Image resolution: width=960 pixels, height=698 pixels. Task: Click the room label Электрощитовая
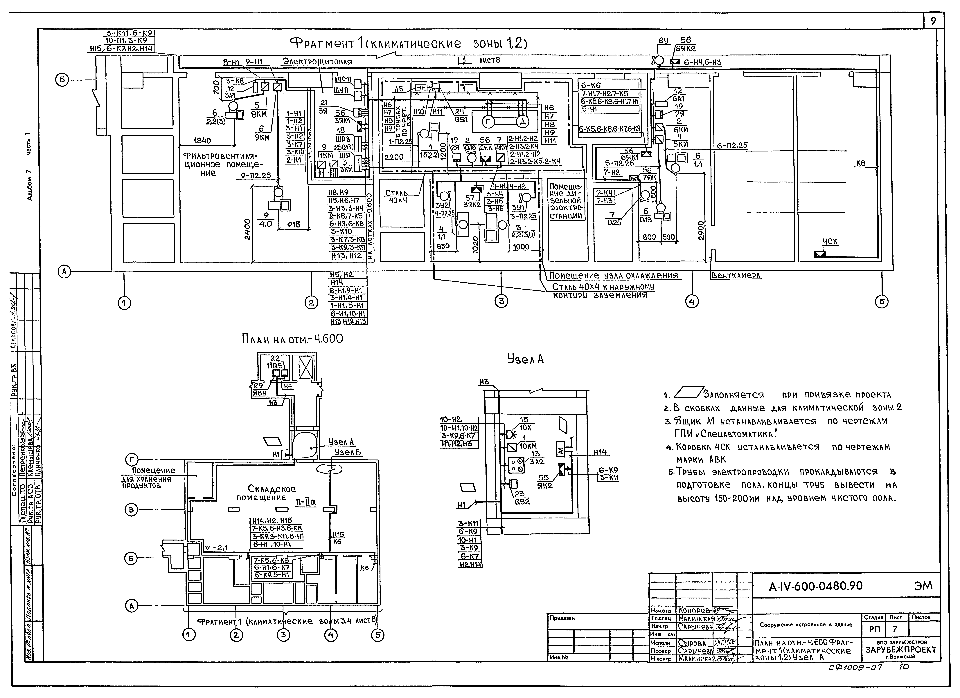click(317, 62)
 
